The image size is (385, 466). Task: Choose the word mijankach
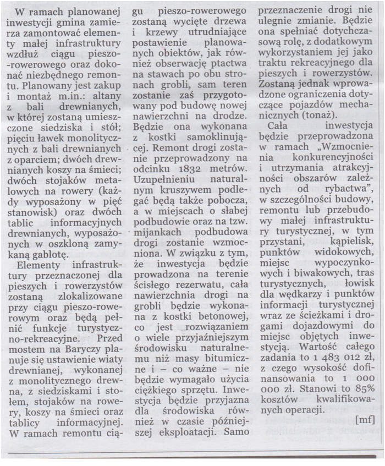click(x=151, y=229)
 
